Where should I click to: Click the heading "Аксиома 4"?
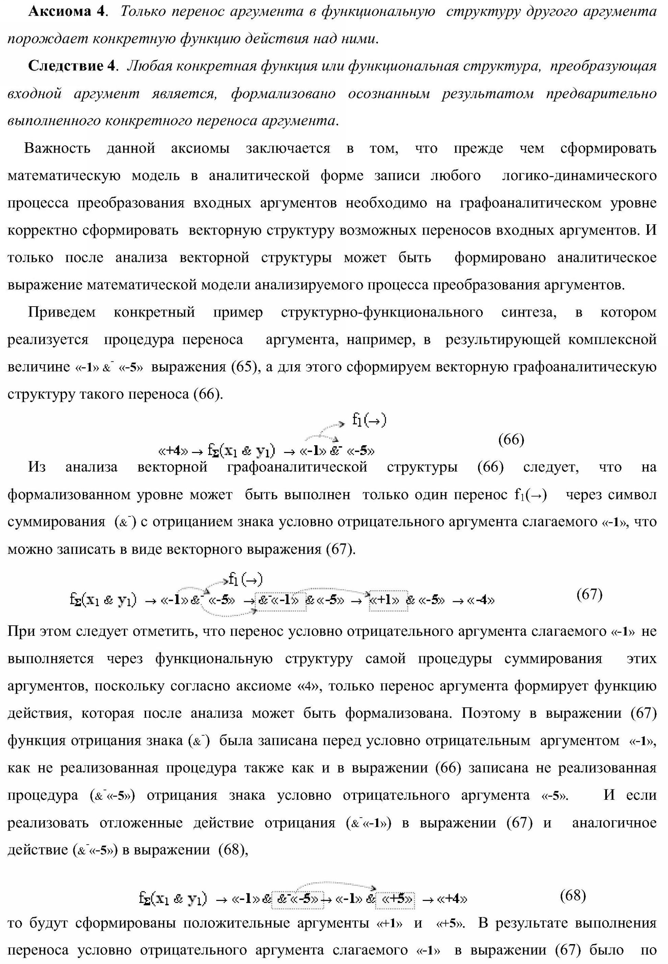point(66,11)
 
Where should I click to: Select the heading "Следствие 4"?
point(71,66)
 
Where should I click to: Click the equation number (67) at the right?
point(589,594)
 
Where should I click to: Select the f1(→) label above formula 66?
point(369,420)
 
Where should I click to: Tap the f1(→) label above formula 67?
point(245,580)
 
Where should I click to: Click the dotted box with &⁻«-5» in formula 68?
point(298,899)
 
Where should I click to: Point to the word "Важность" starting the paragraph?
point(57,148)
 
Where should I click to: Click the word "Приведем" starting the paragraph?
point(61,312)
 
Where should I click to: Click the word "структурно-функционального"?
point(382,312)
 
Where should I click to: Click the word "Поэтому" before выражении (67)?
point(490,713)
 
